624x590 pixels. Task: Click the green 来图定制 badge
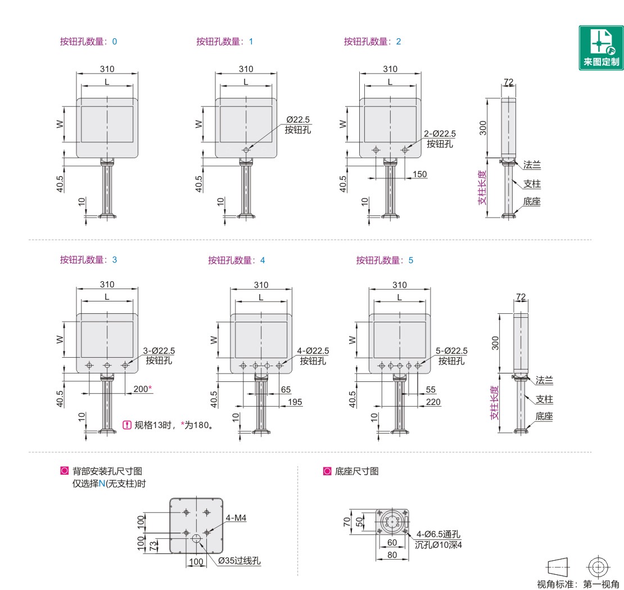pyautogui.click(x=601, y=48)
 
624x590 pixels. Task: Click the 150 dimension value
pyautogui.click(x=419, y=174)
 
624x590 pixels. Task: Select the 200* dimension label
pyautogui.click(x=143, y=389)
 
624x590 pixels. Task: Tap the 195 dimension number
pyautogui.click(x=295, y=402)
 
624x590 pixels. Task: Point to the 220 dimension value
pyautogui.click(x=433, y=402)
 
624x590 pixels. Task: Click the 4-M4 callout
pyautogui.click(x=236, y=517)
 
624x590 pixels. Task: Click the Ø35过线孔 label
pyautogui.click(x=239, y=561)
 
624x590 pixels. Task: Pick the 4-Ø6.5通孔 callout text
pyautogui.click(x=438, y=534)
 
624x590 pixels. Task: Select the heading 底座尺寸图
pyautogui.click(x=356, y=471)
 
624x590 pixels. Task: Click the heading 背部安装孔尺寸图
pyautogui.click(x=107, y=471)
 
